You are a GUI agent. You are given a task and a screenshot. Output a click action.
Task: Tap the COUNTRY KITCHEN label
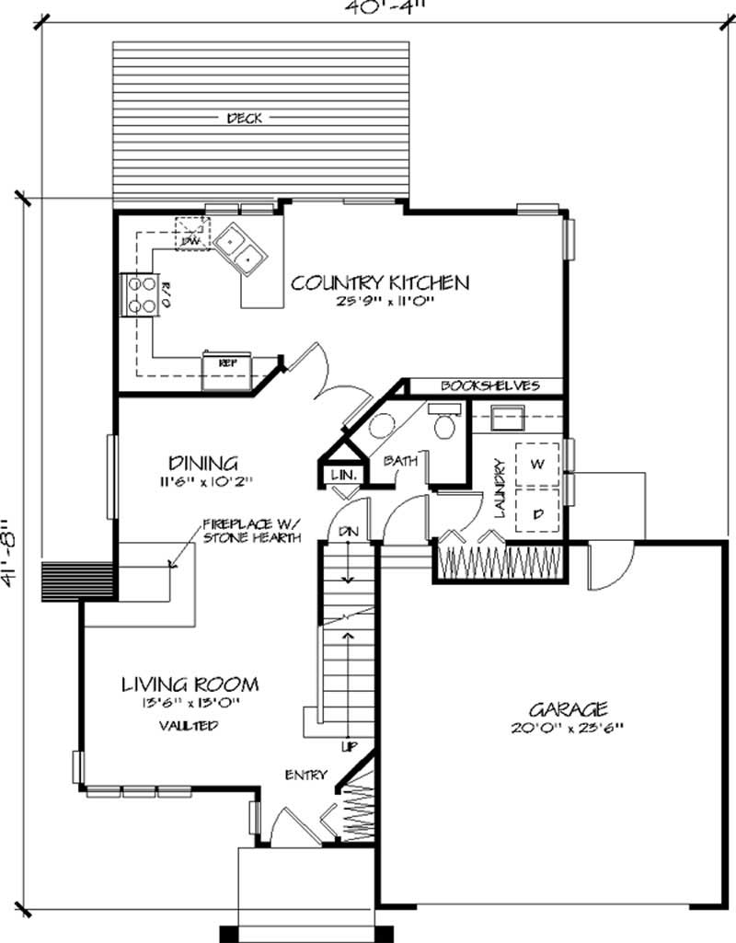[380, 282]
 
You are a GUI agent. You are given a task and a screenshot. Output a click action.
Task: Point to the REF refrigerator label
[226, 362]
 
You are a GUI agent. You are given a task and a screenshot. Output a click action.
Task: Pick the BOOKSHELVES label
[489, 385]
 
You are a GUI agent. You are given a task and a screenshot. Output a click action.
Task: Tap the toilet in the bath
[447, 425]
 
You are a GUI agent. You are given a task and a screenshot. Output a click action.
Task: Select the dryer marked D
[536, 512]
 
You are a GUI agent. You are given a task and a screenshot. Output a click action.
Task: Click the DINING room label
[203, 463]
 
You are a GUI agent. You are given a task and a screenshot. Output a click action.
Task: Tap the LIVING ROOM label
[190, 684]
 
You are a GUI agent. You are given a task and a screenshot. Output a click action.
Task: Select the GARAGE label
[568, 708]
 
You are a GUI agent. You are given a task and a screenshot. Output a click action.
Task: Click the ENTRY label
[306, 775]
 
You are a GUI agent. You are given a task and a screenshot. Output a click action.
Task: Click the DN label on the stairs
[349, 531]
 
